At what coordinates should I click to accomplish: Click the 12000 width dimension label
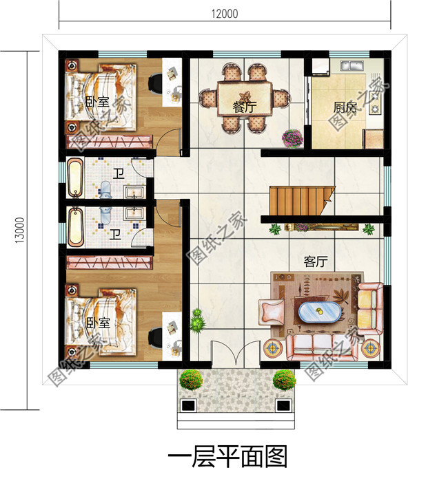pos(225,14)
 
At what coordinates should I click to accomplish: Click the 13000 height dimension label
pos(19,230)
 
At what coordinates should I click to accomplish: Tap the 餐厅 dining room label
pos(245,107)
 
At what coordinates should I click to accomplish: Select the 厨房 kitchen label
pos(345,107)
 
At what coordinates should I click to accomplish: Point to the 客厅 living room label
pos(316,261)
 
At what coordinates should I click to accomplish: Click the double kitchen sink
pos(352,65)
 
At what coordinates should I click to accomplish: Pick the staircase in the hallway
pos(302,201)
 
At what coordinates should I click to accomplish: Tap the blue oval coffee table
pos(320,312)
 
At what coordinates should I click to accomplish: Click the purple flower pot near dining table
pos(292,138)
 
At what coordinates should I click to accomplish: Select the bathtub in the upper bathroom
pos(75,178)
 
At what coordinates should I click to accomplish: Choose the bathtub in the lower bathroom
pos(75,227)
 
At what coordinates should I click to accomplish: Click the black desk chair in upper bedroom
pos(155,83)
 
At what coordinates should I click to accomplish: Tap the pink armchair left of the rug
pos(272,312)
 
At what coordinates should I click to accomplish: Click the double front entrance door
pos(236,353)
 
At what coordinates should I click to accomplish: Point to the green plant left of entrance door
pos(198,321)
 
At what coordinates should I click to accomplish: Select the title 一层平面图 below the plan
pos(227,457)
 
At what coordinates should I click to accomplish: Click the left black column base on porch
pos(188,405)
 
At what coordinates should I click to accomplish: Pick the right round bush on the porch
pos(284,380)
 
